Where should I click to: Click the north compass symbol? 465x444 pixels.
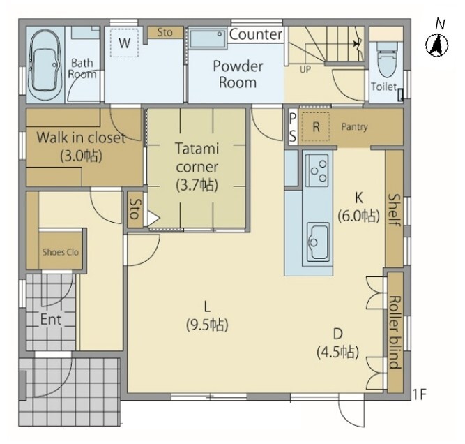pyautogui.click(x=437, y=46)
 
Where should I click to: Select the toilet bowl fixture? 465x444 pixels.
pyautogui.click(x=387, y=59)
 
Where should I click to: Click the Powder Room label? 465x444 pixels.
pyautogui.click(x=238, y=74)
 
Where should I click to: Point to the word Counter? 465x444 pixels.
pyautogui.click(x=256, y=34)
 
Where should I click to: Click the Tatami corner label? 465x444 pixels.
pyautogui.click(x=197, y=166)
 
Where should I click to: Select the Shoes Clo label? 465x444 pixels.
pyautogui.click(x=61, y=252)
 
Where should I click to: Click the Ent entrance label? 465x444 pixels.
pyautogui.click(x=51, y=320)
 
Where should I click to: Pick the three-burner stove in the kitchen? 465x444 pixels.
pyautogui.click(x=317, y=170)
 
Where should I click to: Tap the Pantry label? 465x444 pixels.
pyautogui.click(x=354, y=127)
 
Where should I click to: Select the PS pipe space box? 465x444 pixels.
pyautogui.click(x=292, y=127)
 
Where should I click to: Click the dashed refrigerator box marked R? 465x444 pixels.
pyautogui.click(x=316, y=127)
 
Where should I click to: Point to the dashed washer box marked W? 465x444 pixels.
pyautogui.click(x=124, y=43)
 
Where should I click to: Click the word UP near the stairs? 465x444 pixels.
pyautogui.click(x=305, y=70)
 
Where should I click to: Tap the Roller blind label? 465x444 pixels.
pyautogui.click(x=395, y=332)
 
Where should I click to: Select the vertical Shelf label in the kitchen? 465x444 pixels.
pyautogui.click(x=395, y=210)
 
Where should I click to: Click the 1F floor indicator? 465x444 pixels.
pyautogui.click(x=419, y=394)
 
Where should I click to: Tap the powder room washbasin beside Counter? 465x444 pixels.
pyautogui.click(x=207, y=38)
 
